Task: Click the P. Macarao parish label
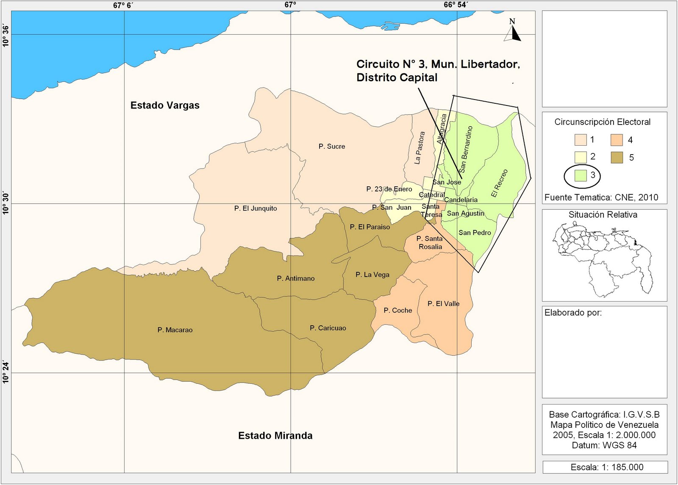coord(175,330)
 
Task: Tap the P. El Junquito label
coord(256,208)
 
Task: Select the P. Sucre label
coord(332,147)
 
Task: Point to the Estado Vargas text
coord(165,105)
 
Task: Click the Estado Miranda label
coord(275,435)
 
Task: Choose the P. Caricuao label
coord(328,328)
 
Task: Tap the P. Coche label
coord(397,310)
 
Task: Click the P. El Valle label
coord(443,304)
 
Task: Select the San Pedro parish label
coord(475,233)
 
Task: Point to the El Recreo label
coord(499,183)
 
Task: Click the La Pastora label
coord(419,148)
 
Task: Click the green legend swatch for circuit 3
coord(581,175)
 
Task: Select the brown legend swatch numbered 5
coord(617,158)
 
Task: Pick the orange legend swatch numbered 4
coord(617,140)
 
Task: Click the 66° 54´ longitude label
coord(456,5)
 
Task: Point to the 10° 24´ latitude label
coord(6,372)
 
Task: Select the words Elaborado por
coord(573,313)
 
